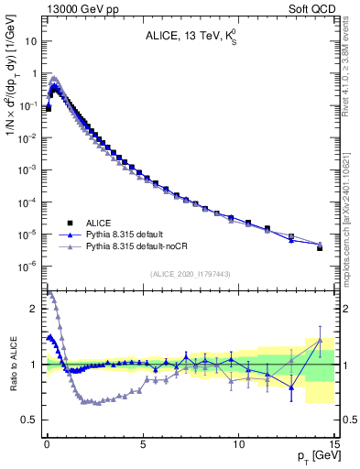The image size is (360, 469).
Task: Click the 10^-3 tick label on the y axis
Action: click(27, 169)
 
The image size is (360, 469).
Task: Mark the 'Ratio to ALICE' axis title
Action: click(10, 365)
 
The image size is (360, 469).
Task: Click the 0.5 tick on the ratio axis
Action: click(29, 420)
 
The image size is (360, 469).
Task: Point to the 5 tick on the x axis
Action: click(143, 442)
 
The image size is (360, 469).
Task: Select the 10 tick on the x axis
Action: click(238, 442)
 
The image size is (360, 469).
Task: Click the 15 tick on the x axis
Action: click(333, 442)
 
